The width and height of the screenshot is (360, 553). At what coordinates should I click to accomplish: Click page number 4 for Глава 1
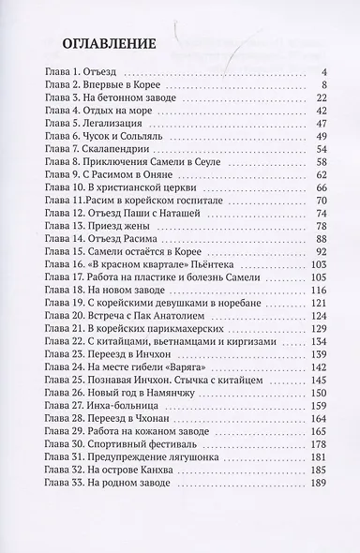click(322, 70)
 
